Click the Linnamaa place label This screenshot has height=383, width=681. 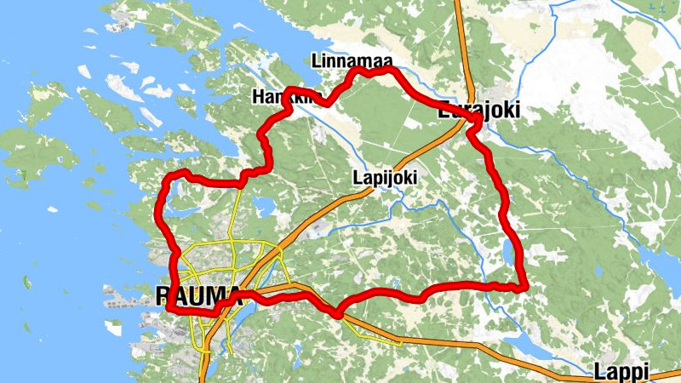(x=344, y=61)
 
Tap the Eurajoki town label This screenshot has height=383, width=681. (x=478, y=110)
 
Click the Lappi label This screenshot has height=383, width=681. (x=621, y=371)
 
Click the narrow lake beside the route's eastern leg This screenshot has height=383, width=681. (x=510, y=252)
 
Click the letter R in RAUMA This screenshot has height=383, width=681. (x=164, y=294)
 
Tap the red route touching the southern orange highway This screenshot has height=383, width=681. (x=338, y=313)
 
